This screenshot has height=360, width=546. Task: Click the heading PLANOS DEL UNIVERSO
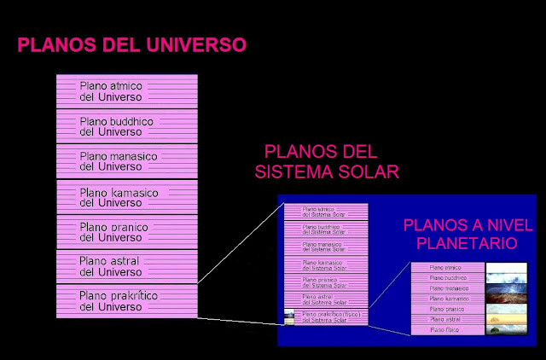tap(132, 44)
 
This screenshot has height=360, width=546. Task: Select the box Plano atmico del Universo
tap(126, 90)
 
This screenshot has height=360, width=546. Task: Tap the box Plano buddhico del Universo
tap(126, 126)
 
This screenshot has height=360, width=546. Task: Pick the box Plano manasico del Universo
tap(126, 161)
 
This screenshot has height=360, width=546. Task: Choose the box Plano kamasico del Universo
tap(126, 197)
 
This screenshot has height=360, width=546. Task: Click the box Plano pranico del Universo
tap(126, 232)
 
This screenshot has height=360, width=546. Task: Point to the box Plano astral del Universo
tap(126, 266)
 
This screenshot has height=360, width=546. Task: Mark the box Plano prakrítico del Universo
tap(126, 301)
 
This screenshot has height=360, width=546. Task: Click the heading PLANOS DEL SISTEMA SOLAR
tap(328, 162)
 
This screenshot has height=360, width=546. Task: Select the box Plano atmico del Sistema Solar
tap(325, 211)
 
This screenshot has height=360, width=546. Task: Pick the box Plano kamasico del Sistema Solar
tap(325, 264)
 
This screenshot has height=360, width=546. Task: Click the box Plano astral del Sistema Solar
tap(325, 299)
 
